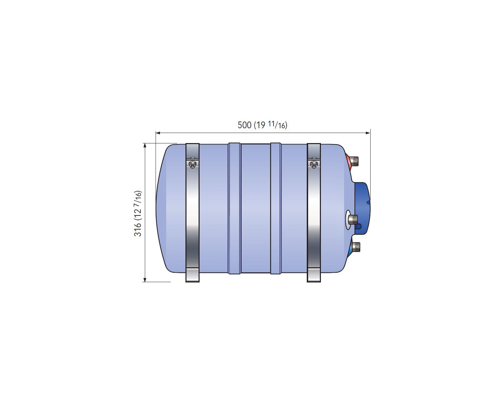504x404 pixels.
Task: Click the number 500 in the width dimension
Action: tap(244, 125)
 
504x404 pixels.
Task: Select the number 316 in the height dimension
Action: tap(138, 229)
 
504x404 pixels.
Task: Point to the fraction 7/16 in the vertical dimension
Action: tap(138, 197)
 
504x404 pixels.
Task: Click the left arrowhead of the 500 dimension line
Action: tap(158, 133)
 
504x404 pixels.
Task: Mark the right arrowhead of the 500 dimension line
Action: tap(368, 133)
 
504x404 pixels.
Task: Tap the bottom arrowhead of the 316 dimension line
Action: tap(145, 279)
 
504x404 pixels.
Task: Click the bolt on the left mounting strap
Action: tap(192, 164)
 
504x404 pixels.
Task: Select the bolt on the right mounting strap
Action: tap(313, 164)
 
